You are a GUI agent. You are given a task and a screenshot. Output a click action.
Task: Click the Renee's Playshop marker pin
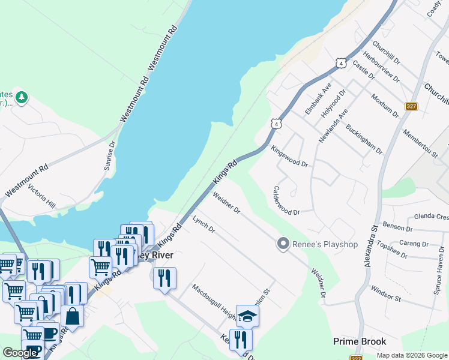pyautogui.click(x=283, y=244)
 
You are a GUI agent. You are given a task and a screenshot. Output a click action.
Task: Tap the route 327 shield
pyautogui.click(x=411, y=106)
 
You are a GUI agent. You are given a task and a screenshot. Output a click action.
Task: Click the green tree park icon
pyautogui.click(x=22, y=97)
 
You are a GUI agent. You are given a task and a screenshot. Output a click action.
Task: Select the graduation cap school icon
pyautogui.click(x=247, y=316)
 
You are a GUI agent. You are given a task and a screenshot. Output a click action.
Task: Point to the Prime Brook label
pyautogui.click(x=360, y=342)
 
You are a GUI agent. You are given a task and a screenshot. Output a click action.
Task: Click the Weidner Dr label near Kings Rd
pyautogui.click(x=226, y=203)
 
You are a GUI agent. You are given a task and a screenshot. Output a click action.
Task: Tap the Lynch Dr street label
pyautogui.click(x=203, y=225)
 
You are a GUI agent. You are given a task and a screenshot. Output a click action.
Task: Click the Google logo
pyautogui.click(x=20, y=353)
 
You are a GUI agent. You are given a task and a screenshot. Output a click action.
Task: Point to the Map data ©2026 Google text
pyautogui.click(x=411, y=355)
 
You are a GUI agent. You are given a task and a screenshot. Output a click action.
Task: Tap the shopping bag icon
pyautogui.click(x=72, y=316)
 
